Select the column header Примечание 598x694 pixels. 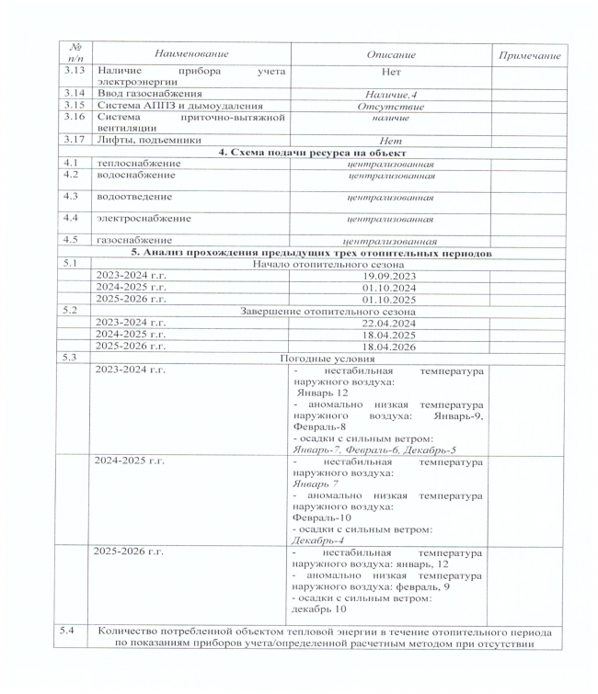click(528, 56)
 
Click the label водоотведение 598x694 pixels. click(135, 197)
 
